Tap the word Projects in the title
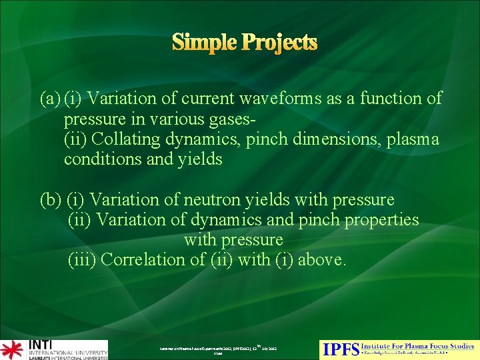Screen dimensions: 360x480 click(281, 43)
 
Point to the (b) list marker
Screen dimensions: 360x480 click(51, 200)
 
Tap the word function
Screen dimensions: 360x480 click(389, 99)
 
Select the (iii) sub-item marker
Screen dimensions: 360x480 click(83, 260)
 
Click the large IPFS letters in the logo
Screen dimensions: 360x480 click(341, 349)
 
